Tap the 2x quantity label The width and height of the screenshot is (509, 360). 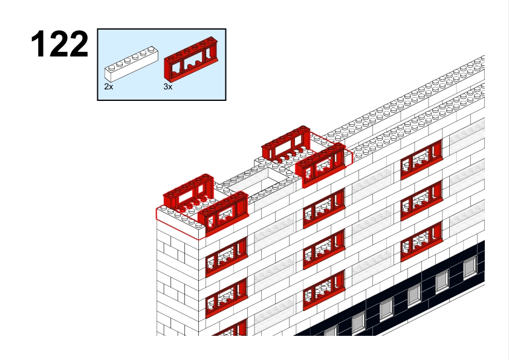click(x=108, y=86)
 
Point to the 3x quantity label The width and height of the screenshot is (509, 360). click(x=168, y=86)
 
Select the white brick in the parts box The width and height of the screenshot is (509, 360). click(x=131, y=64)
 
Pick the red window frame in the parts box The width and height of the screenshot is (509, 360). click(x=191, y=59)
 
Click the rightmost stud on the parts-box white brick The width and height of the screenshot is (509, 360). click(x=151, y=50)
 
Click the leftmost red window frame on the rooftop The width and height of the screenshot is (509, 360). click(x=189, y=193)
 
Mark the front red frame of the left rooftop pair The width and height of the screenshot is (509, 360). click(x=223, y=213)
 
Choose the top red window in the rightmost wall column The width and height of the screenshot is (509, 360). click(x=421, y=159)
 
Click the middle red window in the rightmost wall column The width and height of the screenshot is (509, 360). click(x=421, y=200)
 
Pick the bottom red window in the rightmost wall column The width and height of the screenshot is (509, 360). click(x=421, y=241)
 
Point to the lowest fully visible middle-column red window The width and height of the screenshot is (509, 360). click(x=324, y=291)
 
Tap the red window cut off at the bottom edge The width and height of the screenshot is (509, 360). click(x=230, y=328)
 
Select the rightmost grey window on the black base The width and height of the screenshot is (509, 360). click(x=470, y=267)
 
